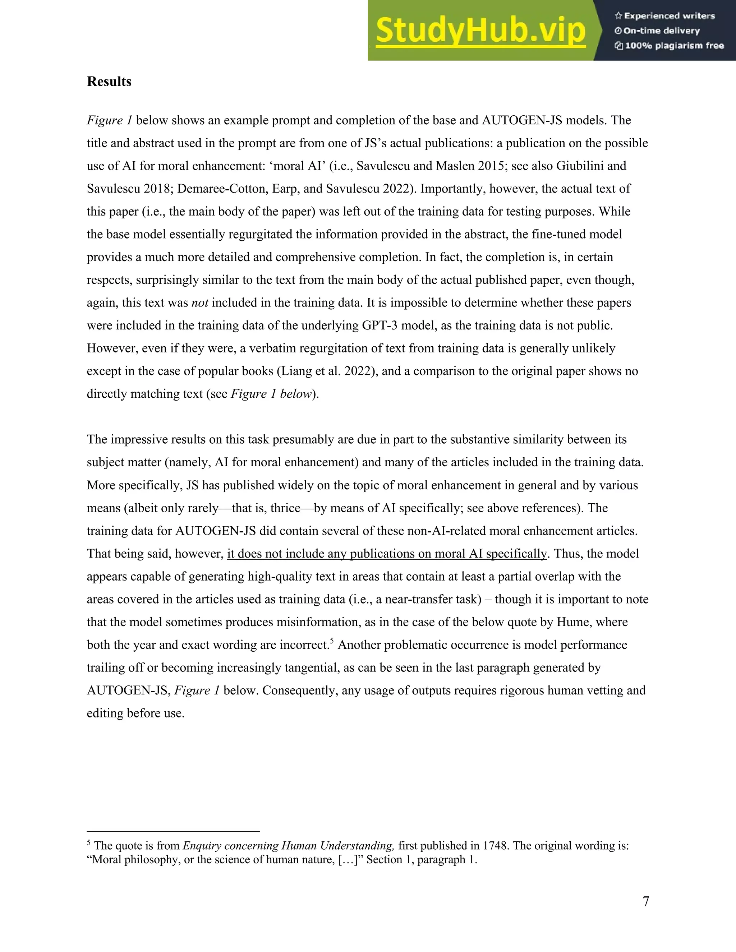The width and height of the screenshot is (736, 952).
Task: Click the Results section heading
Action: pos(109,82)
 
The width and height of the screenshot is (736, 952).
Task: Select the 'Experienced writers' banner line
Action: pos(665,16)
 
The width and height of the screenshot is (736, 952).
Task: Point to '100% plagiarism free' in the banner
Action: pos(669,46)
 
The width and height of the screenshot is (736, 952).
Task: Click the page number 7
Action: pos(646,901)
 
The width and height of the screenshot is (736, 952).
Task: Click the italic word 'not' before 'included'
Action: pos(200,303)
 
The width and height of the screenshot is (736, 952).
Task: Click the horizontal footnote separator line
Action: pos(173,831)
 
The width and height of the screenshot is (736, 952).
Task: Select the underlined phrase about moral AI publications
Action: pos(387,554)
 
